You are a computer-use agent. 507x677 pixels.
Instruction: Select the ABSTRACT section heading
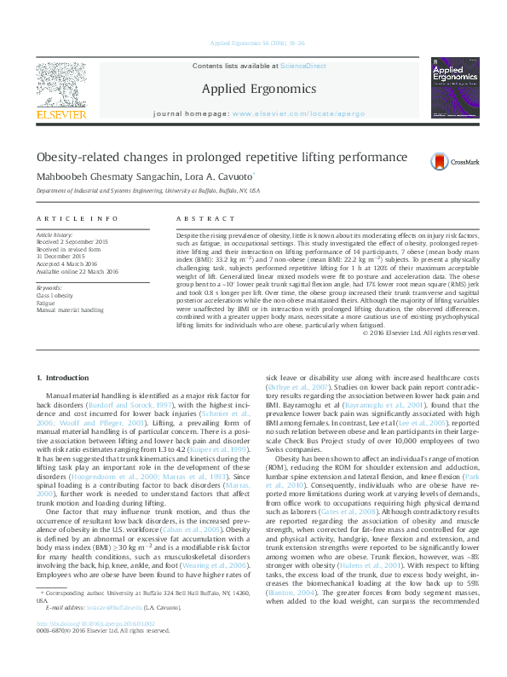point(197,219)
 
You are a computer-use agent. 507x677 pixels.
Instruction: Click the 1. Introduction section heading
point(66,378)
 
